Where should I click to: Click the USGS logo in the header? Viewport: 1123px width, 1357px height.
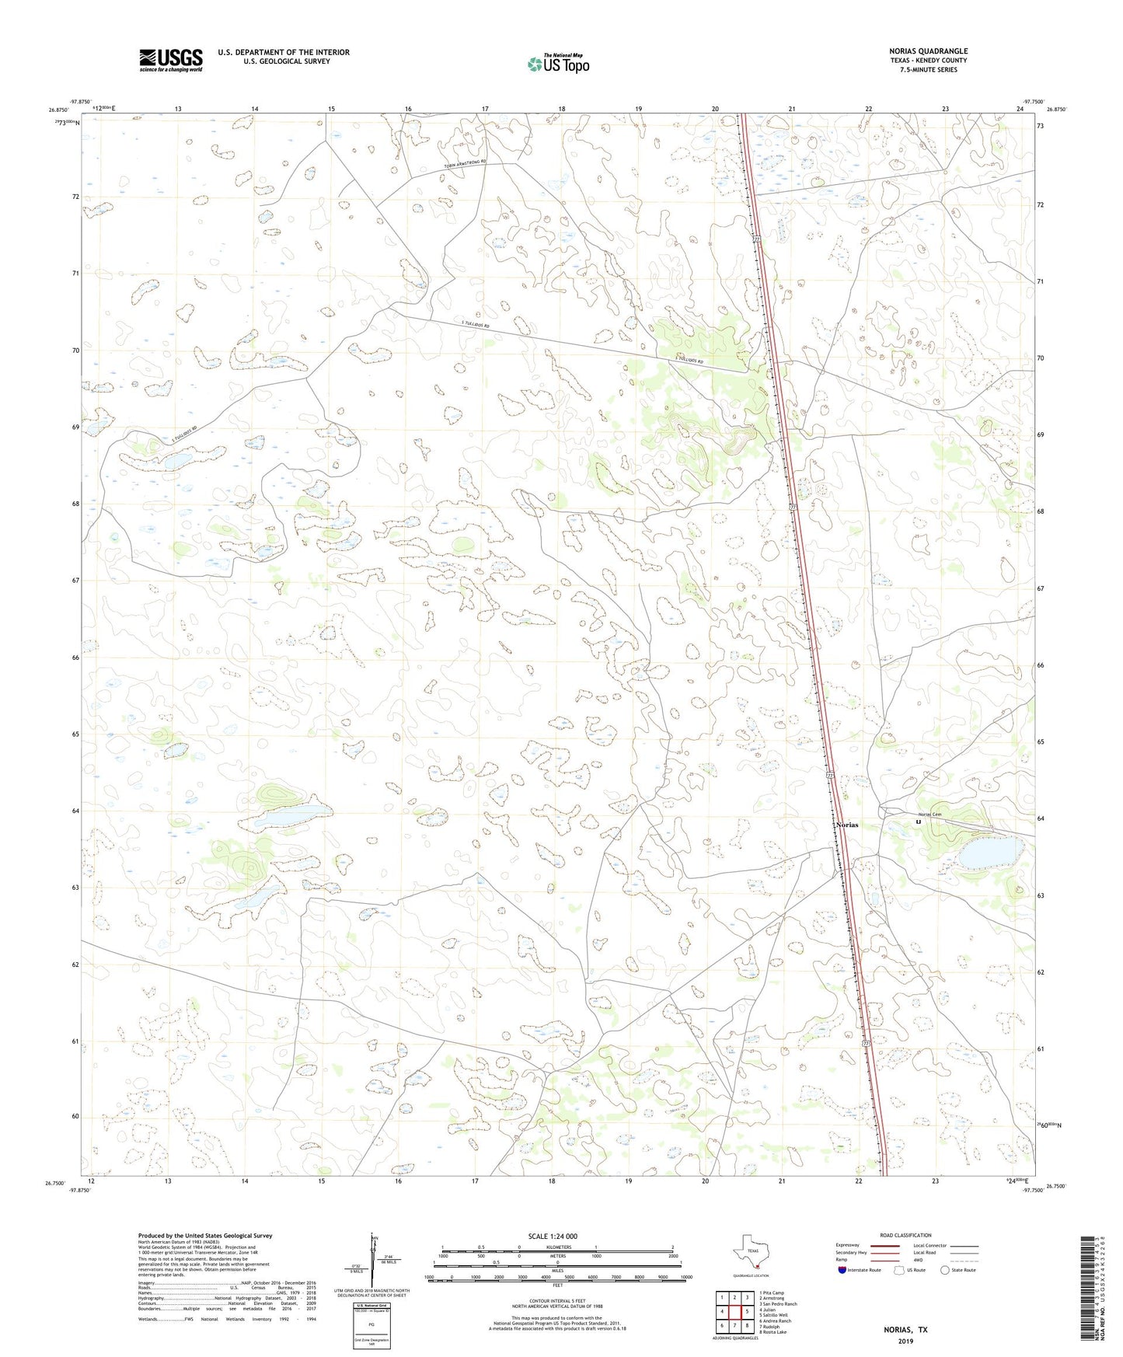click(x=171, y=60)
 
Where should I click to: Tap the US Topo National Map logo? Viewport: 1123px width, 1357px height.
click(x=558, y=64)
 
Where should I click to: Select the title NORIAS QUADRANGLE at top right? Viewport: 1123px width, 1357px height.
click(x=928, y=51)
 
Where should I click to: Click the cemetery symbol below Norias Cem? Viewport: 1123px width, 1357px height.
click(x=919, y=822)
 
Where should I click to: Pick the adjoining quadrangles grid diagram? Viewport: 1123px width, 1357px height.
click(x=734, y=1312)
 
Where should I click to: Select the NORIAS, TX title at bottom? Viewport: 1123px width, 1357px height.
click(x=905, y=1330)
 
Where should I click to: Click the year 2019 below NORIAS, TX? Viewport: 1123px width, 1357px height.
click(x=905, y=1341)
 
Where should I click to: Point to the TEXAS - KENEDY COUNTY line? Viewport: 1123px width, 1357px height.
click(x=928, y=61)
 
